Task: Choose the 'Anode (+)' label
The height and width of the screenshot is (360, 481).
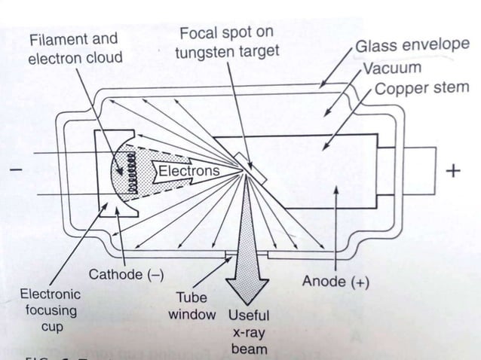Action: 335,282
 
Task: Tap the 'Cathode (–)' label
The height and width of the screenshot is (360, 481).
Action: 126,274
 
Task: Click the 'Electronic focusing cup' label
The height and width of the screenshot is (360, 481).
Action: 47,310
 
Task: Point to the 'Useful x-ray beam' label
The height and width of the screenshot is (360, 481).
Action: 248,332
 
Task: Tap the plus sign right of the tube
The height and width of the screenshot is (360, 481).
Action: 452,172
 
